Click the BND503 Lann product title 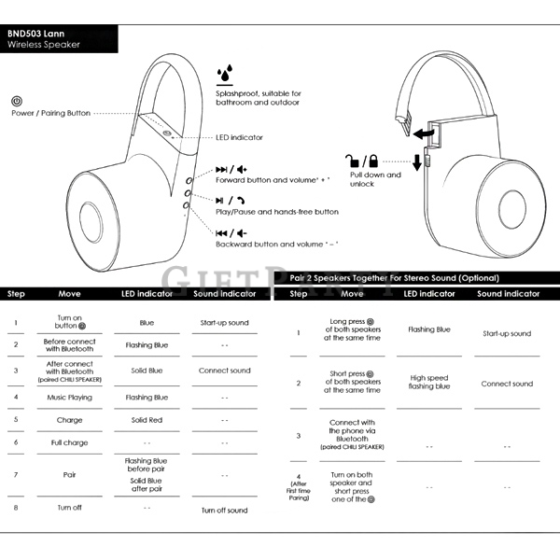[35, 34]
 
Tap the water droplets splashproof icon [225, 73]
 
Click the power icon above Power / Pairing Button [17, 101]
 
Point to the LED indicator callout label [239, 137]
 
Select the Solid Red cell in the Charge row [147, 420]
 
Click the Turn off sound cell [224, 511]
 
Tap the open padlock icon [352, 161]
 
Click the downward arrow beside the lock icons [417, 162]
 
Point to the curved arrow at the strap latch [424, 134]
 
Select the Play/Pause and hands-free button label [277, 212]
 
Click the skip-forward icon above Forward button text [221, 169]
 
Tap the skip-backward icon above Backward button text [221, 233]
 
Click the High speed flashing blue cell [429, 382]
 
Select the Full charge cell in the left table [69, 442]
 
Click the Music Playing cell [69, 398]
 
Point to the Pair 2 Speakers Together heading [394, 278]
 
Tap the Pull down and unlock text [375, 179]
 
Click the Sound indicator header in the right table [509, 294]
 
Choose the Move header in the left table [69, 294]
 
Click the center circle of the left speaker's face [91, 222]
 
